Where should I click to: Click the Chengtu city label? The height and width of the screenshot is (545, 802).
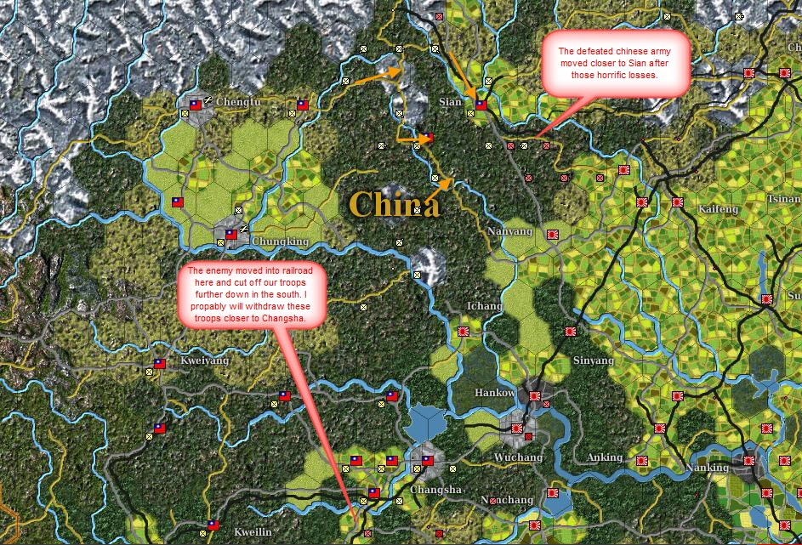237,102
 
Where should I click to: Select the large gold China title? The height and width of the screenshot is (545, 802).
394,204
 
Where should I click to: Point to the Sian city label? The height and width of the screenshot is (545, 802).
450,102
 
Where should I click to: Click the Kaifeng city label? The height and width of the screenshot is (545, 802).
717,209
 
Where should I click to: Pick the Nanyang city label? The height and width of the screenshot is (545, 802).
510,231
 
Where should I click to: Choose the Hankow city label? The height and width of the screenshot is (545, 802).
494,393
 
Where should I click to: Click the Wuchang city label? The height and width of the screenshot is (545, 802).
518,457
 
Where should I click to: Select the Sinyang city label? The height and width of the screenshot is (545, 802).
594,360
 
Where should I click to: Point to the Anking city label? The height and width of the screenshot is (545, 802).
605,457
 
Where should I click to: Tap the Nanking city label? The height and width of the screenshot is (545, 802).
708,468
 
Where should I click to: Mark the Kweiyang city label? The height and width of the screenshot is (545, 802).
205,360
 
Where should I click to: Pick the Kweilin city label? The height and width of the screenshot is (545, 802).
253,531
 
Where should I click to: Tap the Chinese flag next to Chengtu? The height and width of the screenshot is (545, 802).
195,105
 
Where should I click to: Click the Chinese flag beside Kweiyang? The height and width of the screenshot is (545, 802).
159,364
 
